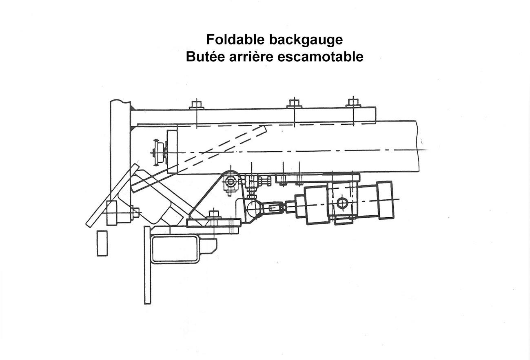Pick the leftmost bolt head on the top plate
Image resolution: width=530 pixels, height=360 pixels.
(196, 104)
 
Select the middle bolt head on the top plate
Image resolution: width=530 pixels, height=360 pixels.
(294, 103)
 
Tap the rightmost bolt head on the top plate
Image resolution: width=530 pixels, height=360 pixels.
(353, 103)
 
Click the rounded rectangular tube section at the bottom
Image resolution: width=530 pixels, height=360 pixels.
(175, 249)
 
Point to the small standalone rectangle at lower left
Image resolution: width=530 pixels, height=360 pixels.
(102, 243)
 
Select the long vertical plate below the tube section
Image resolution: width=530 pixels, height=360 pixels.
(147, 265)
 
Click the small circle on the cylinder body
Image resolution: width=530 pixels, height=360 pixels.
(342, 203)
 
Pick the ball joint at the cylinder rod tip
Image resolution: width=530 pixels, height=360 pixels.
(253, 208)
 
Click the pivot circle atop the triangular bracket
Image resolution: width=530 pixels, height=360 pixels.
(230, 181)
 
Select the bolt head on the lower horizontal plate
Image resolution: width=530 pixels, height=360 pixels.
(213, 214)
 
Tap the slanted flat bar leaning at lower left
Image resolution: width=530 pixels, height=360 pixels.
(113, 195)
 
